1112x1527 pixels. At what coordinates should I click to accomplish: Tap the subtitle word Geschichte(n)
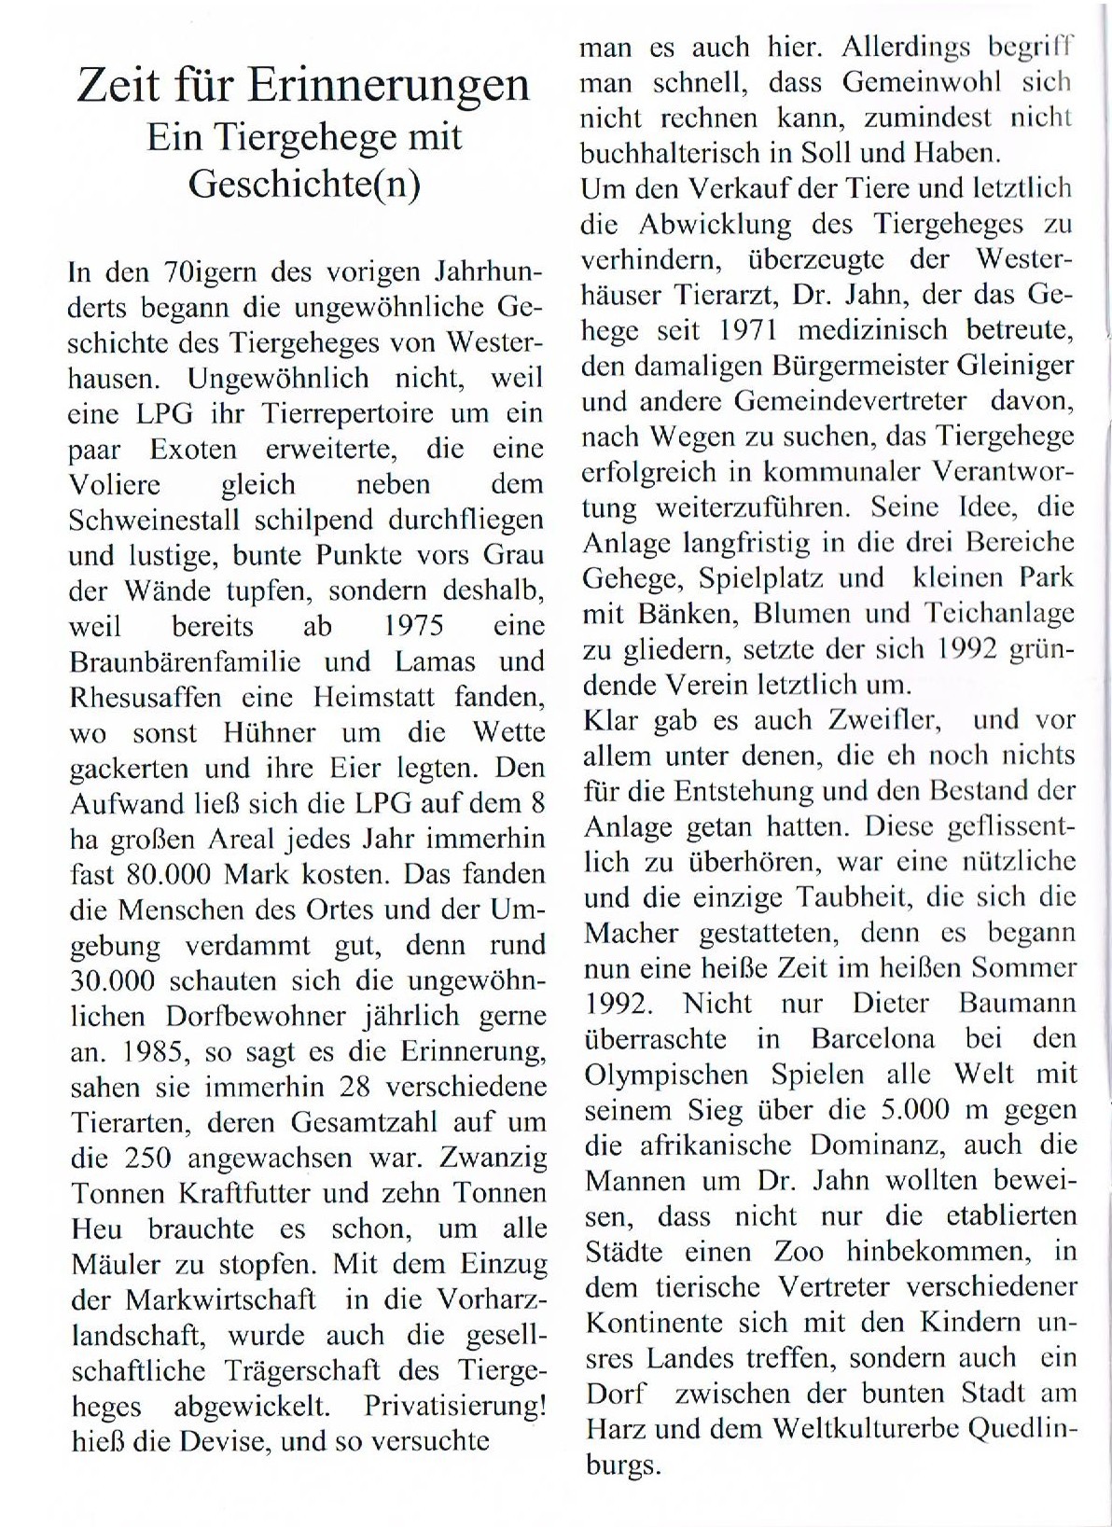[x=304, y=184]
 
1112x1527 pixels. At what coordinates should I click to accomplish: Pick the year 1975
[x=412, y=627]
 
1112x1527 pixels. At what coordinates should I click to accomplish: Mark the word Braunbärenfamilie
[x=185, y=662]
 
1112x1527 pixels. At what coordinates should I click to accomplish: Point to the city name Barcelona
[x=872, y=1039]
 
